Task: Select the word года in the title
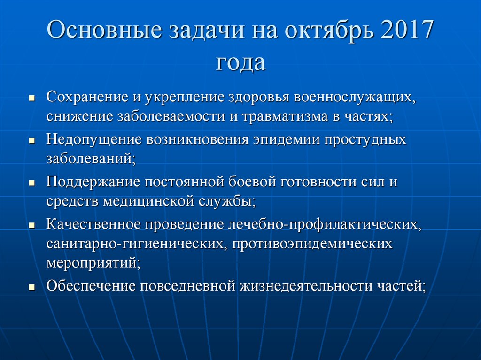coord(240,62)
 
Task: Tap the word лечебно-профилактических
coord(325,223)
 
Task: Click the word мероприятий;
coord(93,262)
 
